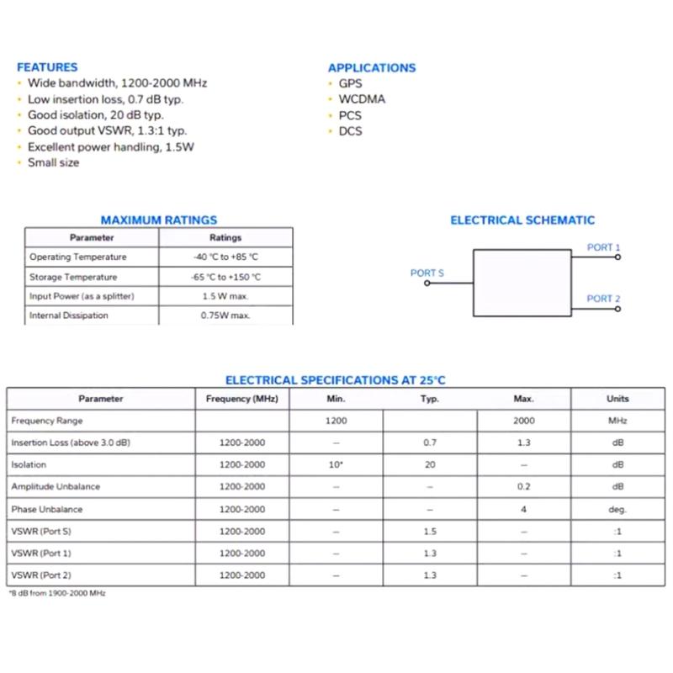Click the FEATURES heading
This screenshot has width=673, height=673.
pos(47,67)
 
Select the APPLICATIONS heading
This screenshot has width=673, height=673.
pos(372,68)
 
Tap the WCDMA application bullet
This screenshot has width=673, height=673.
pos(362,99)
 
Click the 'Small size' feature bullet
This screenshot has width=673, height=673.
pos(53,162)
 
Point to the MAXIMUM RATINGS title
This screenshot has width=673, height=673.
pos(159,220)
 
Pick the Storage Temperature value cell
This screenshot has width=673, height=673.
pos(225,277)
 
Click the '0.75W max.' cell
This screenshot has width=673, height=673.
pos(225,315)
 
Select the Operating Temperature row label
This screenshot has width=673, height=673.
pos(77,257)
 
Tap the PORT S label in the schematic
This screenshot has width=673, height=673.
pos(427,273)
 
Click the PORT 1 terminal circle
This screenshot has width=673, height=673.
pos(617,257)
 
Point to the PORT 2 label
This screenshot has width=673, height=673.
pos(603,299)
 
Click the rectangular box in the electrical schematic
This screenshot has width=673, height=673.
pos(522,283)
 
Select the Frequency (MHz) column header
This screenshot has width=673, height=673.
pos(242,399)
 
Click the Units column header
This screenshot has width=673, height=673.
pos(617,399)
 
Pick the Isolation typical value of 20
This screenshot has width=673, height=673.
pos(430,464)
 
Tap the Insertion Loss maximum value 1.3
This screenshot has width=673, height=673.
pos(523,442)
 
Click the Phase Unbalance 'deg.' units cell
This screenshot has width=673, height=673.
pos(617,509)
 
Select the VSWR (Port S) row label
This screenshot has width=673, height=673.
pos(41,532)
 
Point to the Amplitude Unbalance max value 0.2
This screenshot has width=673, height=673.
pos(523,487)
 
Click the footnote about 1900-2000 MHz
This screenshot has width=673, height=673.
pos(57,593)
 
